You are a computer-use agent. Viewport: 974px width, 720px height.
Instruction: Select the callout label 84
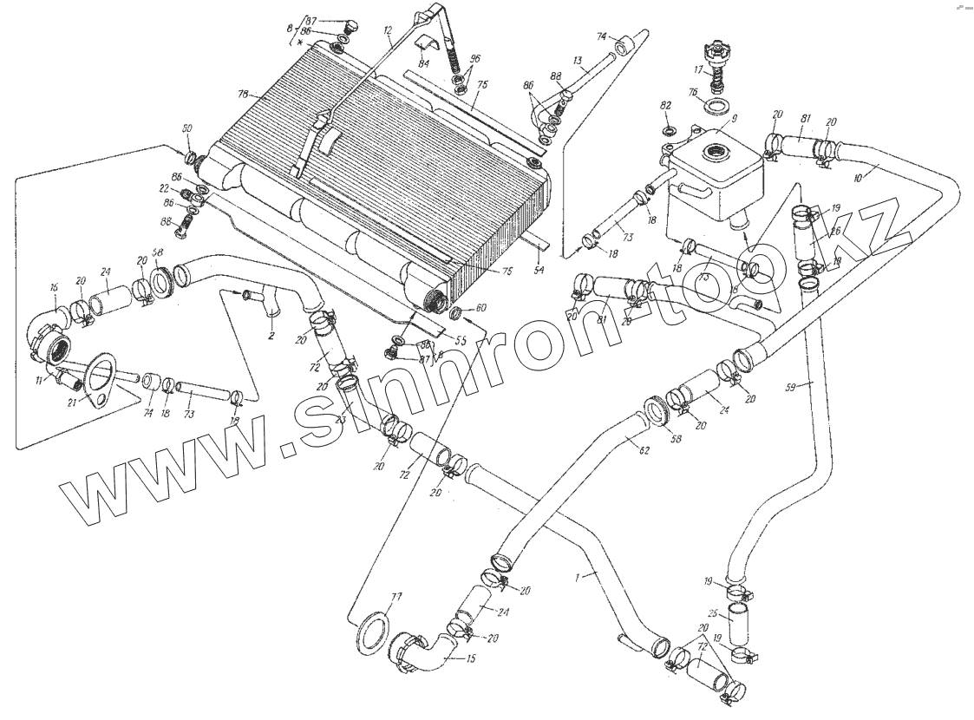[423, 63]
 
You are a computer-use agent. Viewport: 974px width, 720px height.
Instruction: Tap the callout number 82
[666, 105]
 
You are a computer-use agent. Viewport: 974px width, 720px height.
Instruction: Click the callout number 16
[54, 288]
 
